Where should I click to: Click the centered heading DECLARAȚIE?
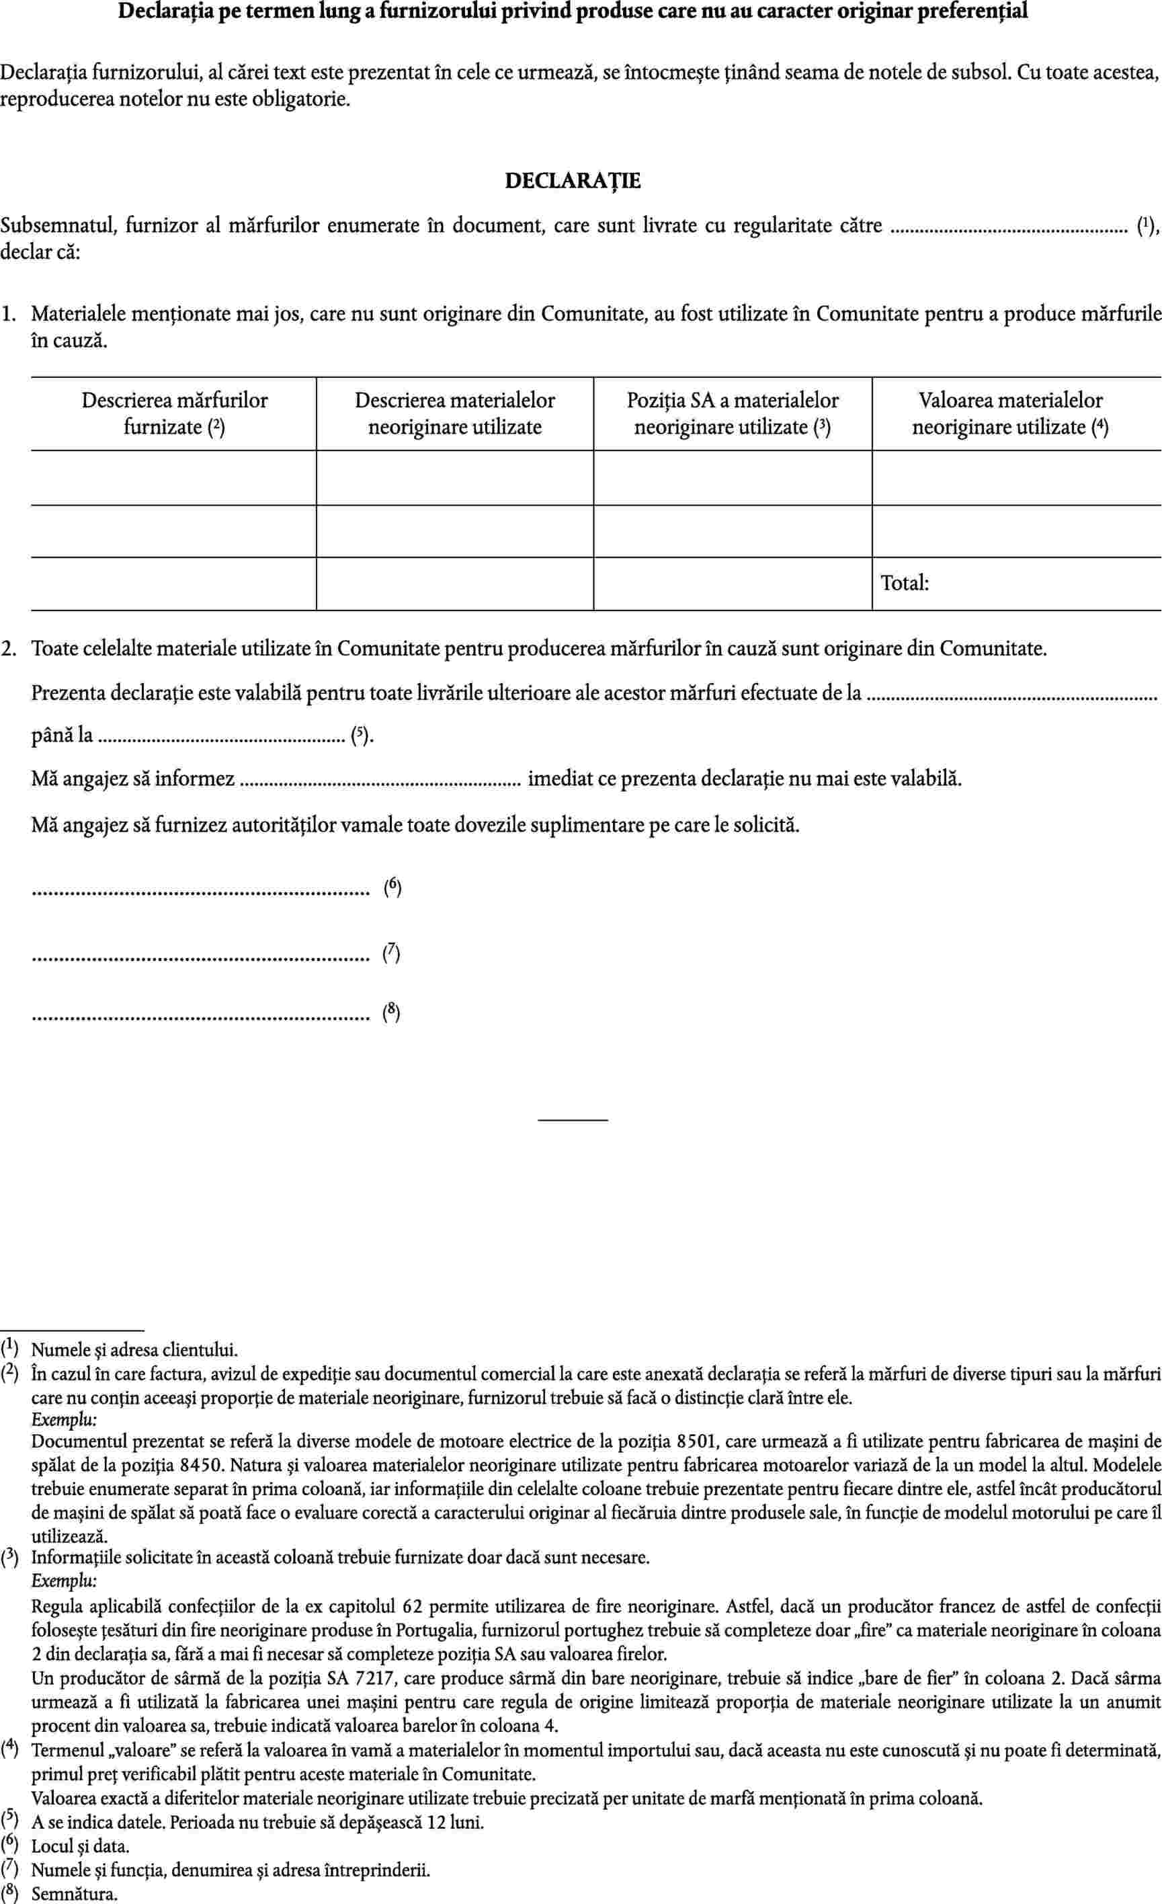click(573, 181)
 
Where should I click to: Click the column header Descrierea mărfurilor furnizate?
click(175, 413)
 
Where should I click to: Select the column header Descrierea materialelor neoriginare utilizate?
click(454, 413)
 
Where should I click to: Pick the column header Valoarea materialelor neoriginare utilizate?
click(1011, 413)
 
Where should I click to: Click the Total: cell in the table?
click(905, 584)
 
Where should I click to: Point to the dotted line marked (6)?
click(200, 894)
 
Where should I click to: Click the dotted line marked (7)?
click(200, 959)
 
